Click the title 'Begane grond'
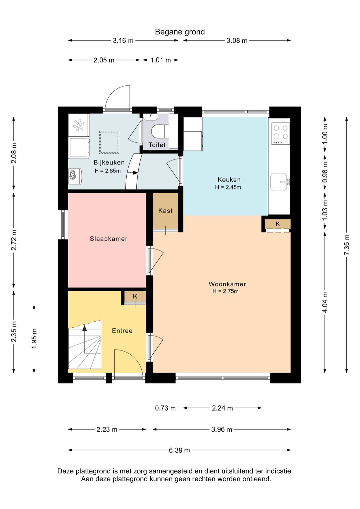tap(180, 32)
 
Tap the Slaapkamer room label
tap(109, 239)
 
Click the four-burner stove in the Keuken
tap(281, 134)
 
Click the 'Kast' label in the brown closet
tap(165, 211)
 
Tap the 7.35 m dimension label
tap(347, 245)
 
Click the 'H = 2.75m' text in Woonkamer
tap(225, 291)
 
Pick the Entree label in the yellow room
tap(122, 331)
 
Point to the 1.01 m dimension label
tap(161, 60)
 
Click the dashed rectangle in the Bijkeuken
tap(109, 142)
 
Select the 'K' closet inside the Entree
tap(135, 297)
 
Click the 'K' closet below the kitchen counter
tap(278, 224)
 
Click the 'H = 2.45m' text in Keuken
tap(228, 187)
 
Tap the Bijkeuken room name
tap(109, 162)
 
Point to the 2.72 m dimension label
tap(14, 239)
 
